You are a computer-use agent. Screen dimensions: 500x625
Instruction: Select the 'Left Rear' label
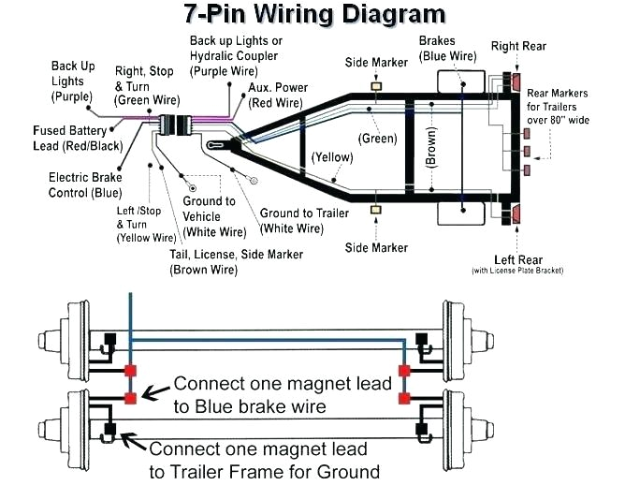pos(517,261)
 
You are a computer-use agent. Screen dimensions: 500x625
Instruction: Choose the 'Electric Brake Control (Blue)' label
pos(85,184)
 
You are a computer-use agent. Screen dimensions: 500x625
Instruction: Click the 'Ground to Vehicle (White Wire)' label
pos(214,216)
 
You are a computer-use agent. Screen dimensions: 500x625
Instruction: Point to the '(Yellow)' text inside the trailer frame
pos(331,156)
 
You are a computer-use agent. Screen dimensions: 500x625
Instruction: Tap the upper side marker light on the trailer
pos(376,86)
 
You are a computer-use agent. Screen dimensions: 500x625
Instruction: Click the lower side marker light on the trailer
pos(376,212)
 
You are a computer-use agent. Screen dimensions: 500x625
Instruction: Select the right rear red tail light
pos(516,82)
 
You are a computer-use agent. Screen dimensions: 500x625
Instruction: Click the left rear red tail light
pos(516,214)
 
